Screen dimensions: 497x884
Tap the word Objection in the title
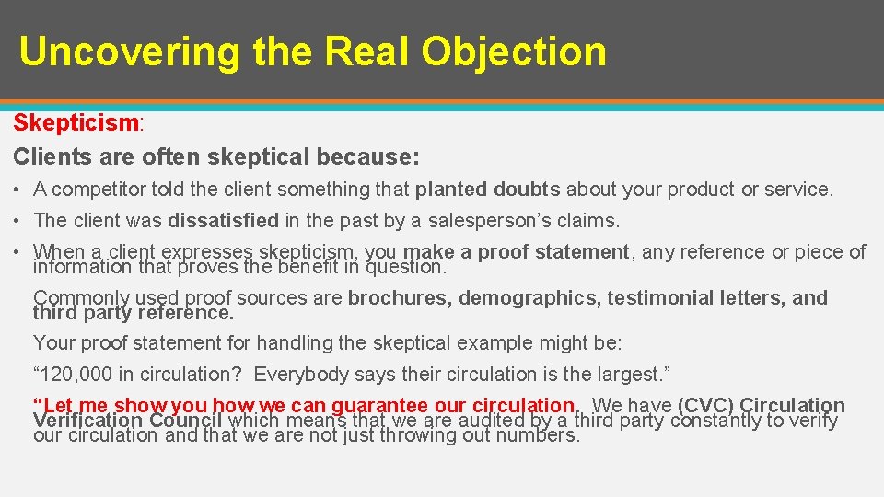[x=514, y=52]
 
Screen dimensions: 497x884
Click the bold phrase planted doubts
[x=487, y=190]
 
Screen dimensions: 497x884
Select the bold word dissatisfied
[x=223, y=221]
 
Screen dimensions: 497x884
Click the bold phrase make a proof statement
[x=517, y=251]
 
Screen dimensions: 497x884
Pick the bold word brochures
[x=399, y=297]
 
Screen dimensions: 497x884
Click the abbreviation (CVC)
[x=705, y=405]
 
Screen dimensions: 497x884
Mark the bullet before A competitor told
[x=18, y=191]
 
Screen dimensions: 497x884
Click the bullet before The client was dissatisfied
[x=18, y=221]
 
